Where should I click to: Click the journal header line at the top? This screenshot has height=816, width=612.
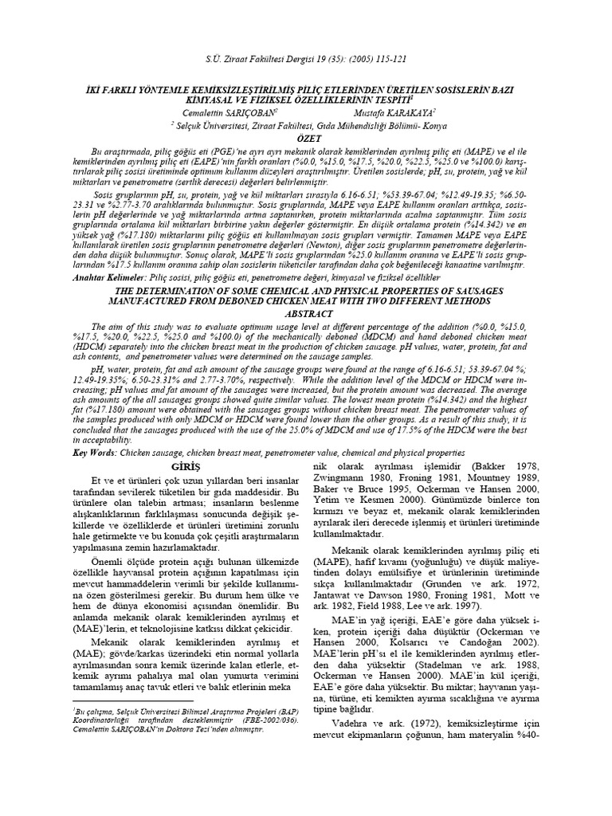(x=306, y=59)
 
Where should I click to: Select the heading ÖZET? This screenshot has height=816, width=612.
(x=307, y=138)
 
